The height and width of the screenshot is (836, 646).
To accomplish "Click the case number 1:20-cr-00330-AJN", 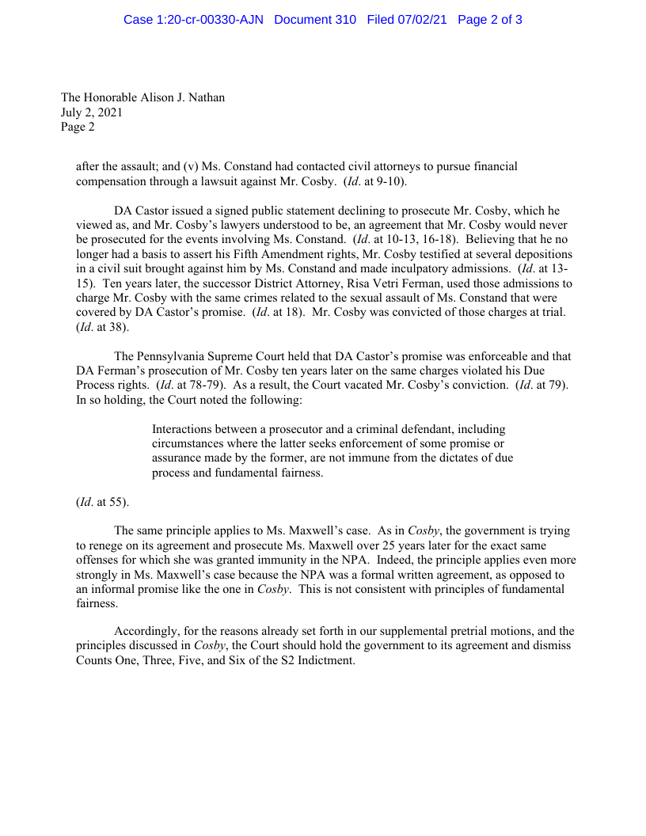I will tap(193, 19).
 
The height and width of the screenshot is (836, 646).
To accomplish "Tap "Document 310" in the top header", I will tap(315, 19).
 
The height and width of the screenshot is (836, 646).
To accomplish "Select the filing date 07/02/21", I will tap(422, 19).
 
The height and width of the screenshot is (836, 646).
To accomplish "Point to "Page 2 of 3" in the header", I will tap(489, 19).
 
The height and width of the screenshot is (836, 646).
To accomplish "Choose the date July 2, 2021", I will tap(92, 112).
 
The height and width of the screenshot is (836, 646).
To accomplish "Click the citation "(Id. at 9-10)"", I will tap(375, 181).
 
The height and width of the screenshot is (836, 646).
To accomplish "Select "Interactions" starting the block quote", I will tap(183, 429).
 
